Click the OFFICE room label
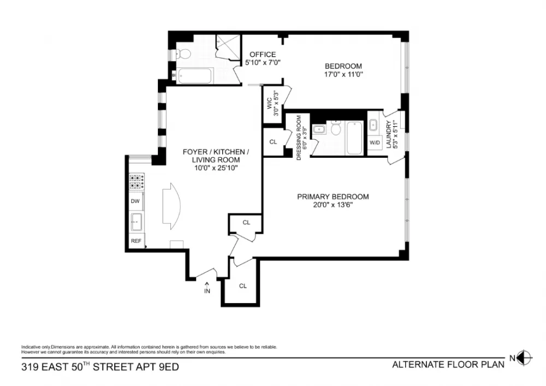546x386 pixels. tap(263, 54)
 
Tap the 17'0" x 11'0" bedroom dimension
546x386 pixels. tap(343, 74)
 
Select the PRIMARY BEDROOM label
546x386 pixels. tap(333, 197)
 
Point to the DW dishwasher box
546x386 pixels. tap(135, 201)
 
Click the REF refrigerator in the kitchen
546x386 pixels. tap(136, 241)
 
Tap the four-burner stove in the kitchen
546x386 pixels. tap(137, 181)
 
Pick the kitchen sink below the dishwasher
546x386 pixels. tap(136, 222)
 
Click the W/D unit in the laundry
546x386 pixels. tap(375, 142)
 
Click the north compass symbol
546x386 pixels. tap(525, 358)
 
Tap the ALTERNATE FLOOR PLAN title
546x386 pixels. tap(448, 364)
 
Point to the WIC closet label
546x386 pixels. tap(269, 103)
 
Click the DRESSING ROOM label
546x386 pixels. tap(299, 138)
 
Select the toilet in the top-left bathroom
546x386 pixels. tap(183, 54)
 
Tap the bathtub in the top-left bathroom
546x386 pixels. tap(194, 76)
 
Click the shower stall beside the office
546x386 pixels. tap(228, 47)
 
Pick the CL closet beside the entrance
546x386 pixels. tap(243, 286)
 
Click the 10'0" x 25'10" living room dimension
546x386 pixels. tap(216, 168)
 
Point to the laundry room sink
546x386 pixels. tap(373, 125)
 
